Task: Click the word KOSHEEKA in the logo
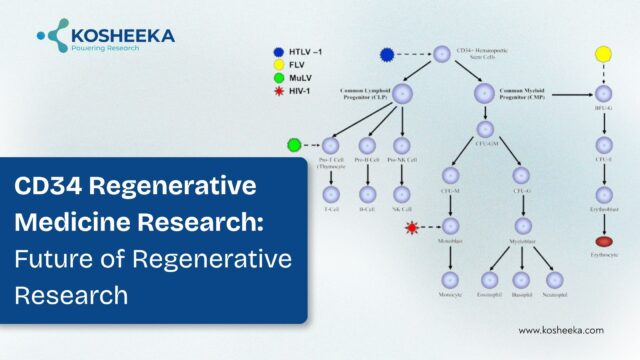(x=121, y=35)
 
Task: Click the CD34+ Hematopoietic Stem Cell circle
(x=442, y=53)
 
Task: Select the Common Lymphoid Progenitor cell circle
(x=402, y=95)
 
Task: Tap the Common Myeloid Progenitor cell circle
(x=485, y=95)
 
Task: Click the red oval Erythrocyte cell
(x=603, y=241)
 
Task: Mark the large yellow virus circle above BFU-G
(x=603, y=53)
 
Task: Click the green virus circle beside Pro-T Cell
(x=294, y=146)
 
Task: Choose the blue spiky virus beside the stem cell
(x=388, y=53)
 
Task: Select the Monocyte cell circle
(x=450, y=281)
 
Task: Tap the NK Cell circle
(x=402, y=194)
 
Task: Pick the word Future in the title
(x=49, y=259)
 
